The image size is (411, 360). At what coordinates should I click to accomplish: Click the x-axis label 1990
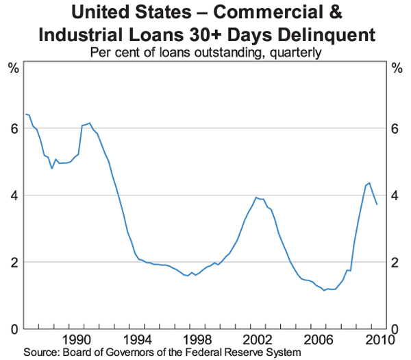tap(77, 339)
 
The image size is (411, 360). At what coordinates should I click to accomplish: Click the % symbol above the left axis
tap(13, 67)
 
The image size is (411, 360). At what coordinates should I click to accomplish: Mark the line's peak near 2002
tap(256, 197)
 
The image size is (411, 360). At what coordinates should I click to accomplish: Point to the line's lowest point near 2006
tap(324, 291)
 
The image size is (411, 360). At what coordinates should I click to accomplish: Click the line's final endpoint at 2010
tap(377, 204)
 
